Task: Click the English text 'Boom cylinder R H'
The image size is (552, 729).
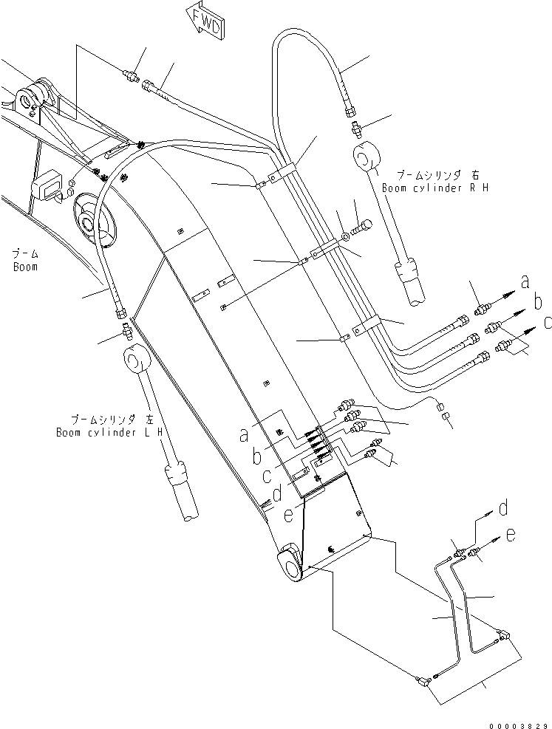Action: pos(435,188)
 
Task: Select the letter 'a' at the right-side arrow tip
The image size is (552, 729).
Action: pos(525,282)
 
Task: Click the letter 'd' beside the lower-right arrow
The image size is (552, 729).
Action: pos(502,507)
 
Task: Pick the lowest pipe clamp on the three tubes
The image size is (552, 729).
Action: pos(370,324)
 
